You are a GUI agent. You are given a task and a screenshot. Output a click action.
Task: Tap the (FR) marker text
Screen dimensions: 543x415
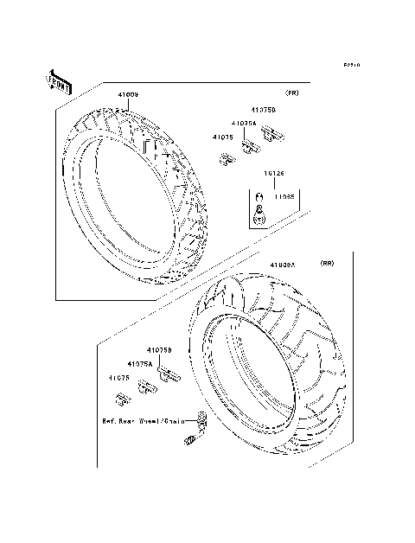coord(292,93)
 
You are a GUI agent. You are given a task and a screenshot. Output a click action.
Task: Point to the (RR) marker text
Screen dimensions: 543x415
coord(327,262)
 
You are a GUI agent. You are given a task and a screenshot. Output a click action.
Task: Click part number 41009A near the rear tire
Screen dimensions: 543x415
coord(282,266)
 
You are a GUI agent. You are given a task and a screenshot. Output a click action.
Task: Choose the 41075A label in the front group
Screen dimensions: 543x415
coord(243,124)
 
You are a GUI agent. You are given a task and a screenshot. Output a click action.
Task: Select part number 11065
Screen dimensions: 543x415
coord(284,197)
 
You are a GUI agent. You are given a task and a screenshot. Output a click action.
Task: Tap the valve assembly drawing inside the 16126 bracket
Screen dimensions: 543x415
coord(257,210)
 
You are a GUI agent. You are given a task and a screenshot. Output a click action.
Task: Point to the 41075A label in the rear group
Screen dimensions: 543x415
coord(139,365)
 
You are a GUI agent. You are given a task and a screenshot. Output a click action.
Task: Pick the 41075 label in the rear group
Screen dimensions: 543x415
coord(119,378)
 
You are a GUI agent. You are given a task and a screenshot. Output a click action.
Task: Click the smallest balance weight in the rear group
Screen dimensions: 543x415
coord(123,398)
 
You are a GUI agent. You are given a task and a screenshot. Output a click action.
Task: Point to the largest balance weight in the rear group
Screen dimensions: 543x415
coord(169,373)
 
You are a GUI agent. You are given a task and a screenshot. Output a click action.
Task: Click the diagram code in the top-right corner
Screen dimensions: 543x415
coord(350,65)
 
